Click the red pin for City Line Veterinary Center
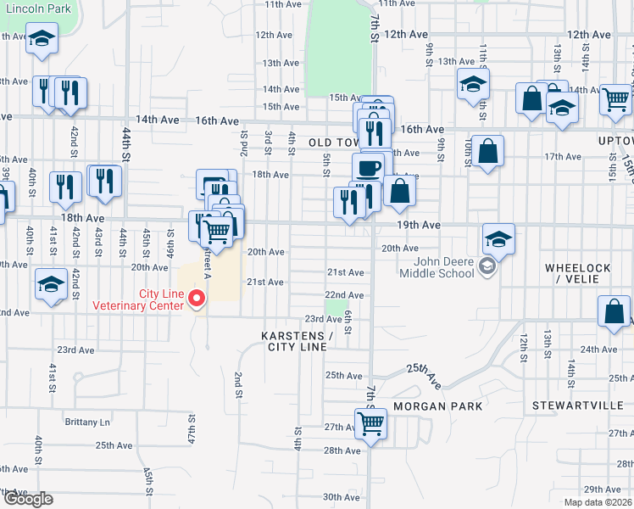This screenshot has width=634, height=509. pyautogui.click(x=197, y=298)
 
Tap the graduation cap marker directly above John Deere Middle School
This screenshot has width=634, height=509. pyautogui.click(x=499, y=238)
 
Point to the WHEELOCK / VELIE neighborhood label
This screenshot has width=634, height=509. pyautogui.click(x=577, y=274)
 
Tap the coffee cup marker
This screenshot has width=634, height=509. pyautogui.click(x=368, y=168)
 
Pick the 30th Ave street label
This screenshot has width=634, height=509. pyautogui.click(x=342, y=497)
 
